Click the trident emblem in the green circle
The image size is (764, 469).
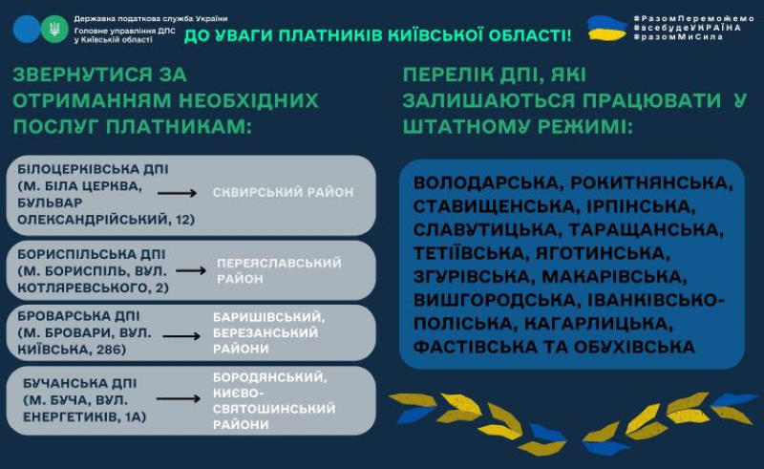point(54,29)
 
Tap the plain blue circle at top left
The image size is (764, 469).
point(27,29)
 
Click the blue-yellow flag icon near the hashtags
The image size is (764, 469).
point(607,28)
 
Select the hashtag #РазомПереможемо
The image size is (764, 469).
point(694,18)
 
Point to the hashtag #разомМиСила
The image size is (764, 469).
point(679,37)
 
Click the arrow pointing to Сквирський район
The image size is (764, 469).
point(177,194)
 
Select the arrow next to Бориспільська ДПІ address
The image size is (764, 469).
point(191,270)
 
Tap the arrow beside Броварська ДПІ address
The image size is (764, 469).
point(181,336)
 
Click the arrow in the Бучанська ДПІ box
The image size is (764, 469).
point(179,399)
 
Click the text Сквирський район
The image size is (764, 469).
point(283,193)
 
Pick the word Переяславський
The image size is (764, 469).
point(279,264)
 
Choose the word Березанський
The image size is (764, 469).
point(265,333)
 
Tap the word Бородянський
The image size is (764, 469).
point(270,377)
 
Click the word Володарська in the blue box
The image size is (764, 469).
point(489,183)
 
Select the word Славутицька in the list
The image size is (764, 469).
point(488,230)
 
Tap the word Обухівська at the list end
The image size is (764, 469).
point(634,347)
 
